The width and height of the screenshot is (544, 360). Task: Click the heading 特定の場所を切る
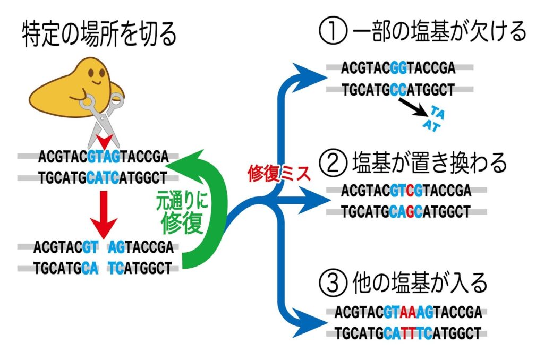point(99,35)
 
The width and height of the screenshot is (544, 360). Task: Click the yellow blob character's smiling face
point(96,77)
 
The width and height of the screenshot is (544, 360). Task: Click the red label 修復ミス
point(279,173)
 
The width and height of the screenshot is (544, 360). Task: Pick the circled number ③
point(333,282)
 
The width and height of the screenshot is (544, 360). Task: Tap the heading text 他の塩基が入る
point(420,282)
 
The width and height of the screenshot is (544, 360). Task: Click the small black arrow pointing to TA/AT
point(413,107)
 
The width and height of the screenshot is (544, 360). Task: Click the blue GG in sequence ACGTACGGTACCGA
point(398,68)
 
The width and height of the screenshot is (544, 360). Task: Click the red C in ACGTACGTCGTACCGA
point(410,191)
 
